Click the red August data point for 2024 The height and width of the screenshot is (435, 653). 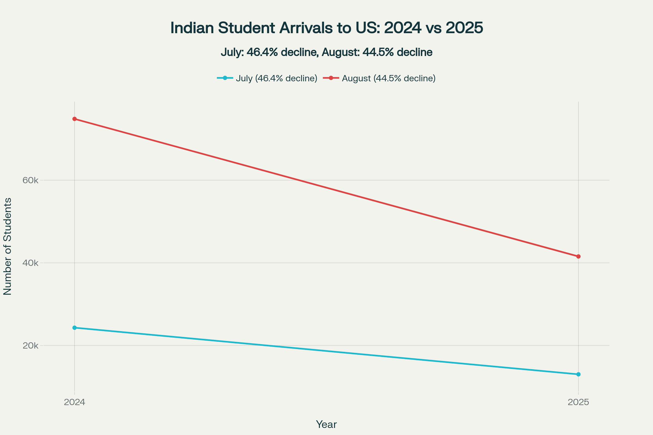click(74, 119)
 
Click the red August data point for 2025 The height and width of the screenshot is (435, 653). click(578, 256)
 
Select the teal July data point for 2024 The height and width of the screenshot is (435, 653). click(74, 328)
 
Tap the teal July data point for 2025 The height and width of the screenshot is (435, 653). click(578, 374)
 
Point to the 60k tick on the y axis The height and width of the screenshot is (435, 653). click(30, 180)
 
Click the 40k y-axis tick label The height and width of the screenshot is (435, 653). click(30, 263)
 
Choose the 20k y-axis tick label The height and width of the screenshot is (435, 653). click(30, 346)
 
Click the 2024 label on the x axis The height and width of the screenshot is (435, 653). click(74, 402)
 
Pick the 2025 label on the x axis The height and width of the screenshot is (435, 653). click(578, 402)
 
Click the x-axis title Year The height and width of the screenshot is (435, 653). click(326, 424)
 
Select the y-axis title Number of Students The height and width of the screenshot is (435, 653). click(8, 246)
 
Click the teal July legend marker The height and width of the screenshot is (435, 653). click(225, 78)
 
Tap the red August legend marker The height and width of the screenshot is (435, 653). click(331, 78)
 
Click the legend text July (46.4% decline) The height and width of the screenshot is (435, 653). click(276, 79)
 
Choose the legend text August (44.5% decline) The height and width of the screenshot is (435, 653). click(389, 79)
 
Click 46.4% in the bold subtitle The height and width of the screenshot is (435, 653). click(262, 52)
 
